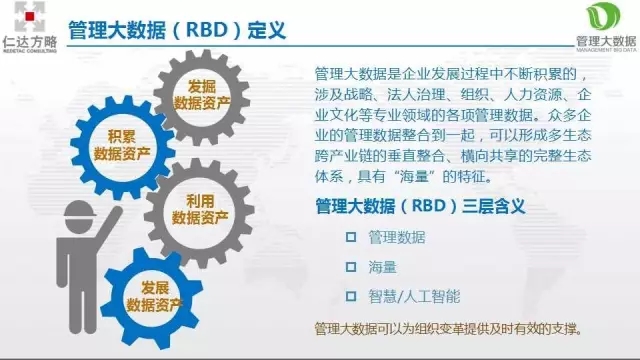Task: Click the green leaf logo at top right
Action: (x=605, y=17)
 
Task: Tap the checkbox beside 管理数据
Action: (x=350, y=237)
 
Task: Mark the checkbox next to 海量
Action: (x=350, y=267)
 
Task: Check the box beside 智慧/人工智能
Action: (x=350, y=296)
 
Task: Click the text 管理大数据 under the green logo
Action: (x=605, y=41)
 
